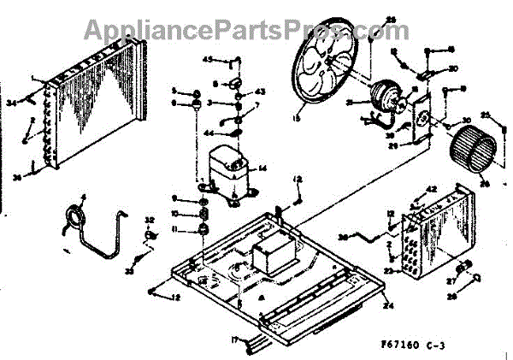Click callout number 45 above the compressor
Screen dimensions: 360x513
[x=207, y=59]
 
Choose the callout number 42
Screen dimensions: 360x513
[x=432, y=190]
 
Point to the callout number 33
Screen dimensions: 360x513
[x=130, y=271]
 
